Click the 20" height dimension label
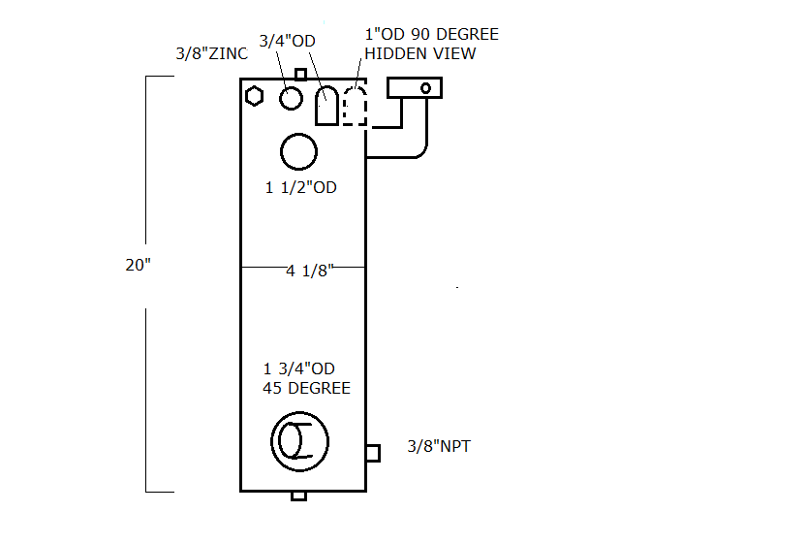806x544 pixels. pos(139,265)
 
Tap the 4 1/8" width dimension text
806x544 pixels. pos(309,272)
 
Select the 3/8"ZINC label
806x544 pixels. pos(212,54)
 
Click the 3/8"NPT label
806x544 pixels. pos(438,447)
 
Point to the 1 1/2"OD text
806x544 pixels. pos(301,187)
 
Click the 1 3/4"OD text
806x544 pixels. pos(298,368)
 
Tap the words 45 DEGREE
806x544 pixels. pos(306,388)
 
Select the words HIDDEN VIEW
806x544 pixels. pos(420,53)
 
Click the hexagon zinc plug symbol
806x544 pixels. pos(255,96)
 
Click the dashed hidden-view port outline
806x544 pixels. pos(356,106)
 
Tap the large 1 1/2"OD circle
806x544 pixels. pos(298,151)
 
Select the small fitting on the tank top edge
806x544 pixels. pos(300,74)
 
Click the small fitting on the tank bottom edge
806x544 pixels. pos(299,496)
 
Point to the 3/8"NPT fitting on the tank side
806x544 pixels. pos(373,452)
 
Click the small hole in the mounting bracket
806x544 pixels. pos(425,88)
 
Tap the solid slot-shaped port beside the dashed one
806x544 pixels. pos(326,105)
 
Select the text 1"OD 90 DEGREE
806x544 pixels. pos(432,35)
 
